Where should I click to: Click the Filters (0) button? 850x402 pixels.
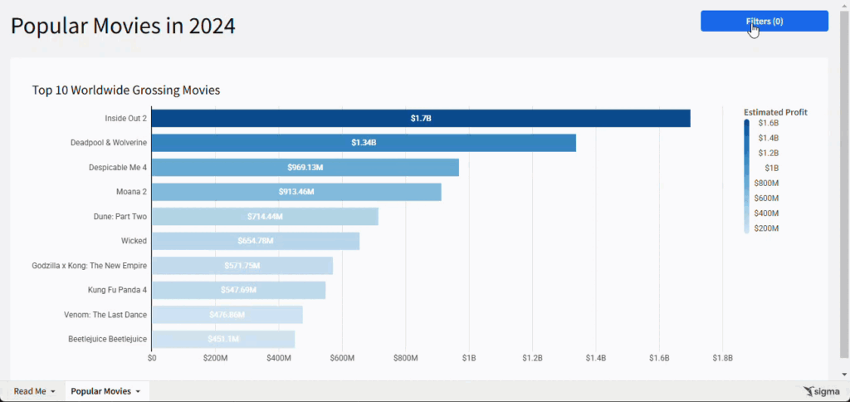(764, 21)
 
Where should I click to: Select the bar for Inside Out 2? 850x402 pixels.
(421, 118)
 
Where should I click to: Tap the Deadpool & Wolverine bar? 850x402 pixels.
(364, 143)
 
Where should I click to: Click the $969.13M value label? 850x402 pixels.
(305, 168)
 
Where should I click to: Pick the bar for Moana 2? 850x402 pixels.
(296, 192)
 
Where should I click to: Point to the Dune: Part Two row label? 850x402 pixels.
(120, 217)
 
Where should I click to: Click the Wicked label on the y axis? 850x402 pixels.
(134, 241)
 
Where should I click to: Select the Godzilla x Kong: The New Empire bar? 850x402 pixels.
(242, 266)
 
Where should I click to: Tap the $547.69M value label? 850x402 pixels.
(239, 291)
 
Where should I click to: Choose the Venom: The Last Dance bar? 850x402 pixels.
(227, 315)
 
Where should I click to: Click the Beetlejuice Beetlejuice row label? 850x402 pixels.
(107, 339)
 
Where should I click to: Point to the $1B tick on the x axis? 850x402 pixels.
(469, 358)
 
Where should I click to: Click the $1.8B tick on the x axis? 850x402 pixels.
(722, 358)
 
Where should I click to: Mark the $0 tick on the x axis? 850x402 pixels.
(152, 358)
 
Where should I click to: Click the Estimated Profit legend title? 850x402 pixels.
(775, 112)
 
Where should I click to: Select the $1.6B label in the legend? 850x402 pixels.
(768, 123)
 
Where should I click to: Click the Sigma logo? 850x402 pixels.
(822, 391)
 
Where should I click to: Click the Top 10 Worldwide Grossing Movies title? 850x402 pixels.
(125, 90)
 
